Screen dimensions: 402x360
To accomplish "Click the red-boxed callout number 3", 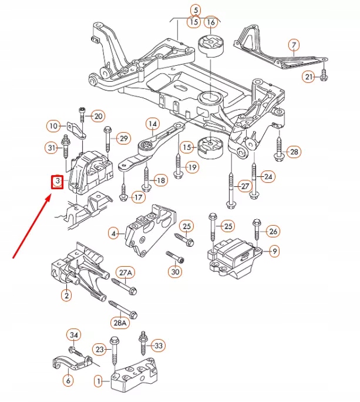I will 58,182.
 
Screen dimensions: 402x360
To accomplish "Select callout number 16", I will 211,22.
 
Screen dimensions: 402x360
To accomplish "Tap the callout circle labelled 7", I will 294,45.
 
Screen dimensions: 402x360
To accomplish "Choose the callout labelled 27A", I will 126,273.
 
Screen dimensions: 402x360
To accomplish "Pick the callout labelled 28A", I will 119,323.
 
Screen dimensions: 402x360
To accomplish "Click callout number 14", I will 153,124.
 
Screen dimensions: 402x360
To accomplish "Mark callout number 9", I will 275,252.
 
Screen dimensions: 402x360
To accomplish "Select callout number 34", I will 73,335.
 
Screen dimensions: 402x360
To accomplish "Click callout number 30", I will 175,272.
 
